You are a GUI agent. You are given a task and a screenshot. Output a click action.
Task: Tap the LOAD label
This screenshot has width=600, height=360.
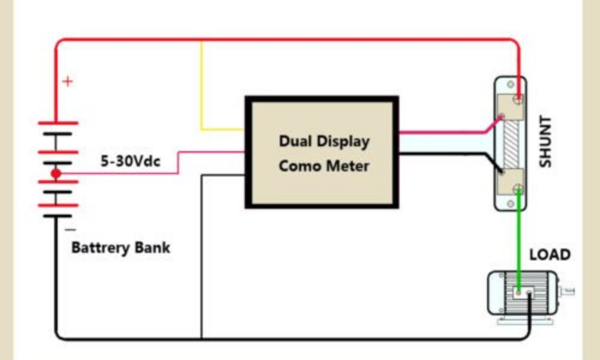[x=550, y=254]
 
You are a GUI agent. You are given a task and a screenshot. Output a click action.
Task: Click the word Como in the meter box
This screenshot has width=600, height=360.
[x=299, y=165]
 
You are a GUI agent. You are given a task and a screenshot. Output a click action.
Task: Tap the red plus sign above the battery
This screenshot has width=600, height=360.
[x=68, y=81]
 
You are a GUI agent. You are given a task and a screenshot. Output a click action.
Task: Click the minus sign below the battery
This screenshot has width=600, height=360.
[x=70, y=229]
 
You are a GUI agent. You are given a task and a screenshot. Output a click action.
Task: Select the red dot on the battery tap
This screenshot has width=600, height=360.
[x=56, y=174]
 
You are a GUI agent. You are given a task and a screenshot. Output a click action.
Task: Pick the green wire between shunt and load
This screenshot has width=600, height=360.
[x=517, y=240]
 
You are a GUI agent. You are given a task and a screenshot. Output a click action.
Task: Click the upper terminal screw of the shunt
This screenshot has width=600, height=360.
[x=517, y=98]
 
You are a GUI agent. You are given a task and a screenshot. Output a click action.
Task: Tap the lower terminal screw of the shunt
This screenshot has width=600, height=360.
[x=517, y=191]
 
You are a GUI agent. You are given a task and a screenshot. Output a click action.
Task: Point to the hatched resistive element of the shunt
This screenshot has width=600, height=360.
[x=510, y=144]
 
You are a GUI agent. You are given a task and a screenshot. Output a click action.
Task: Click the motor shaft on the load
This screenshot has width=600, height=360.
[x=566, y=292]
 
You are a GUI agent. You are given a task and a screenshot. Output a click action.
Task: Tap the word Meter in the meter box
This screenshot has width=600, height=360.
[x=348, y=165]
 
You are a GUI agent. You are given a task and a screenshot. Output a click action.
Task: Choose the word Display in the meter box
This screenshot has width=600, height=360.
[x=341, y=142]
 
